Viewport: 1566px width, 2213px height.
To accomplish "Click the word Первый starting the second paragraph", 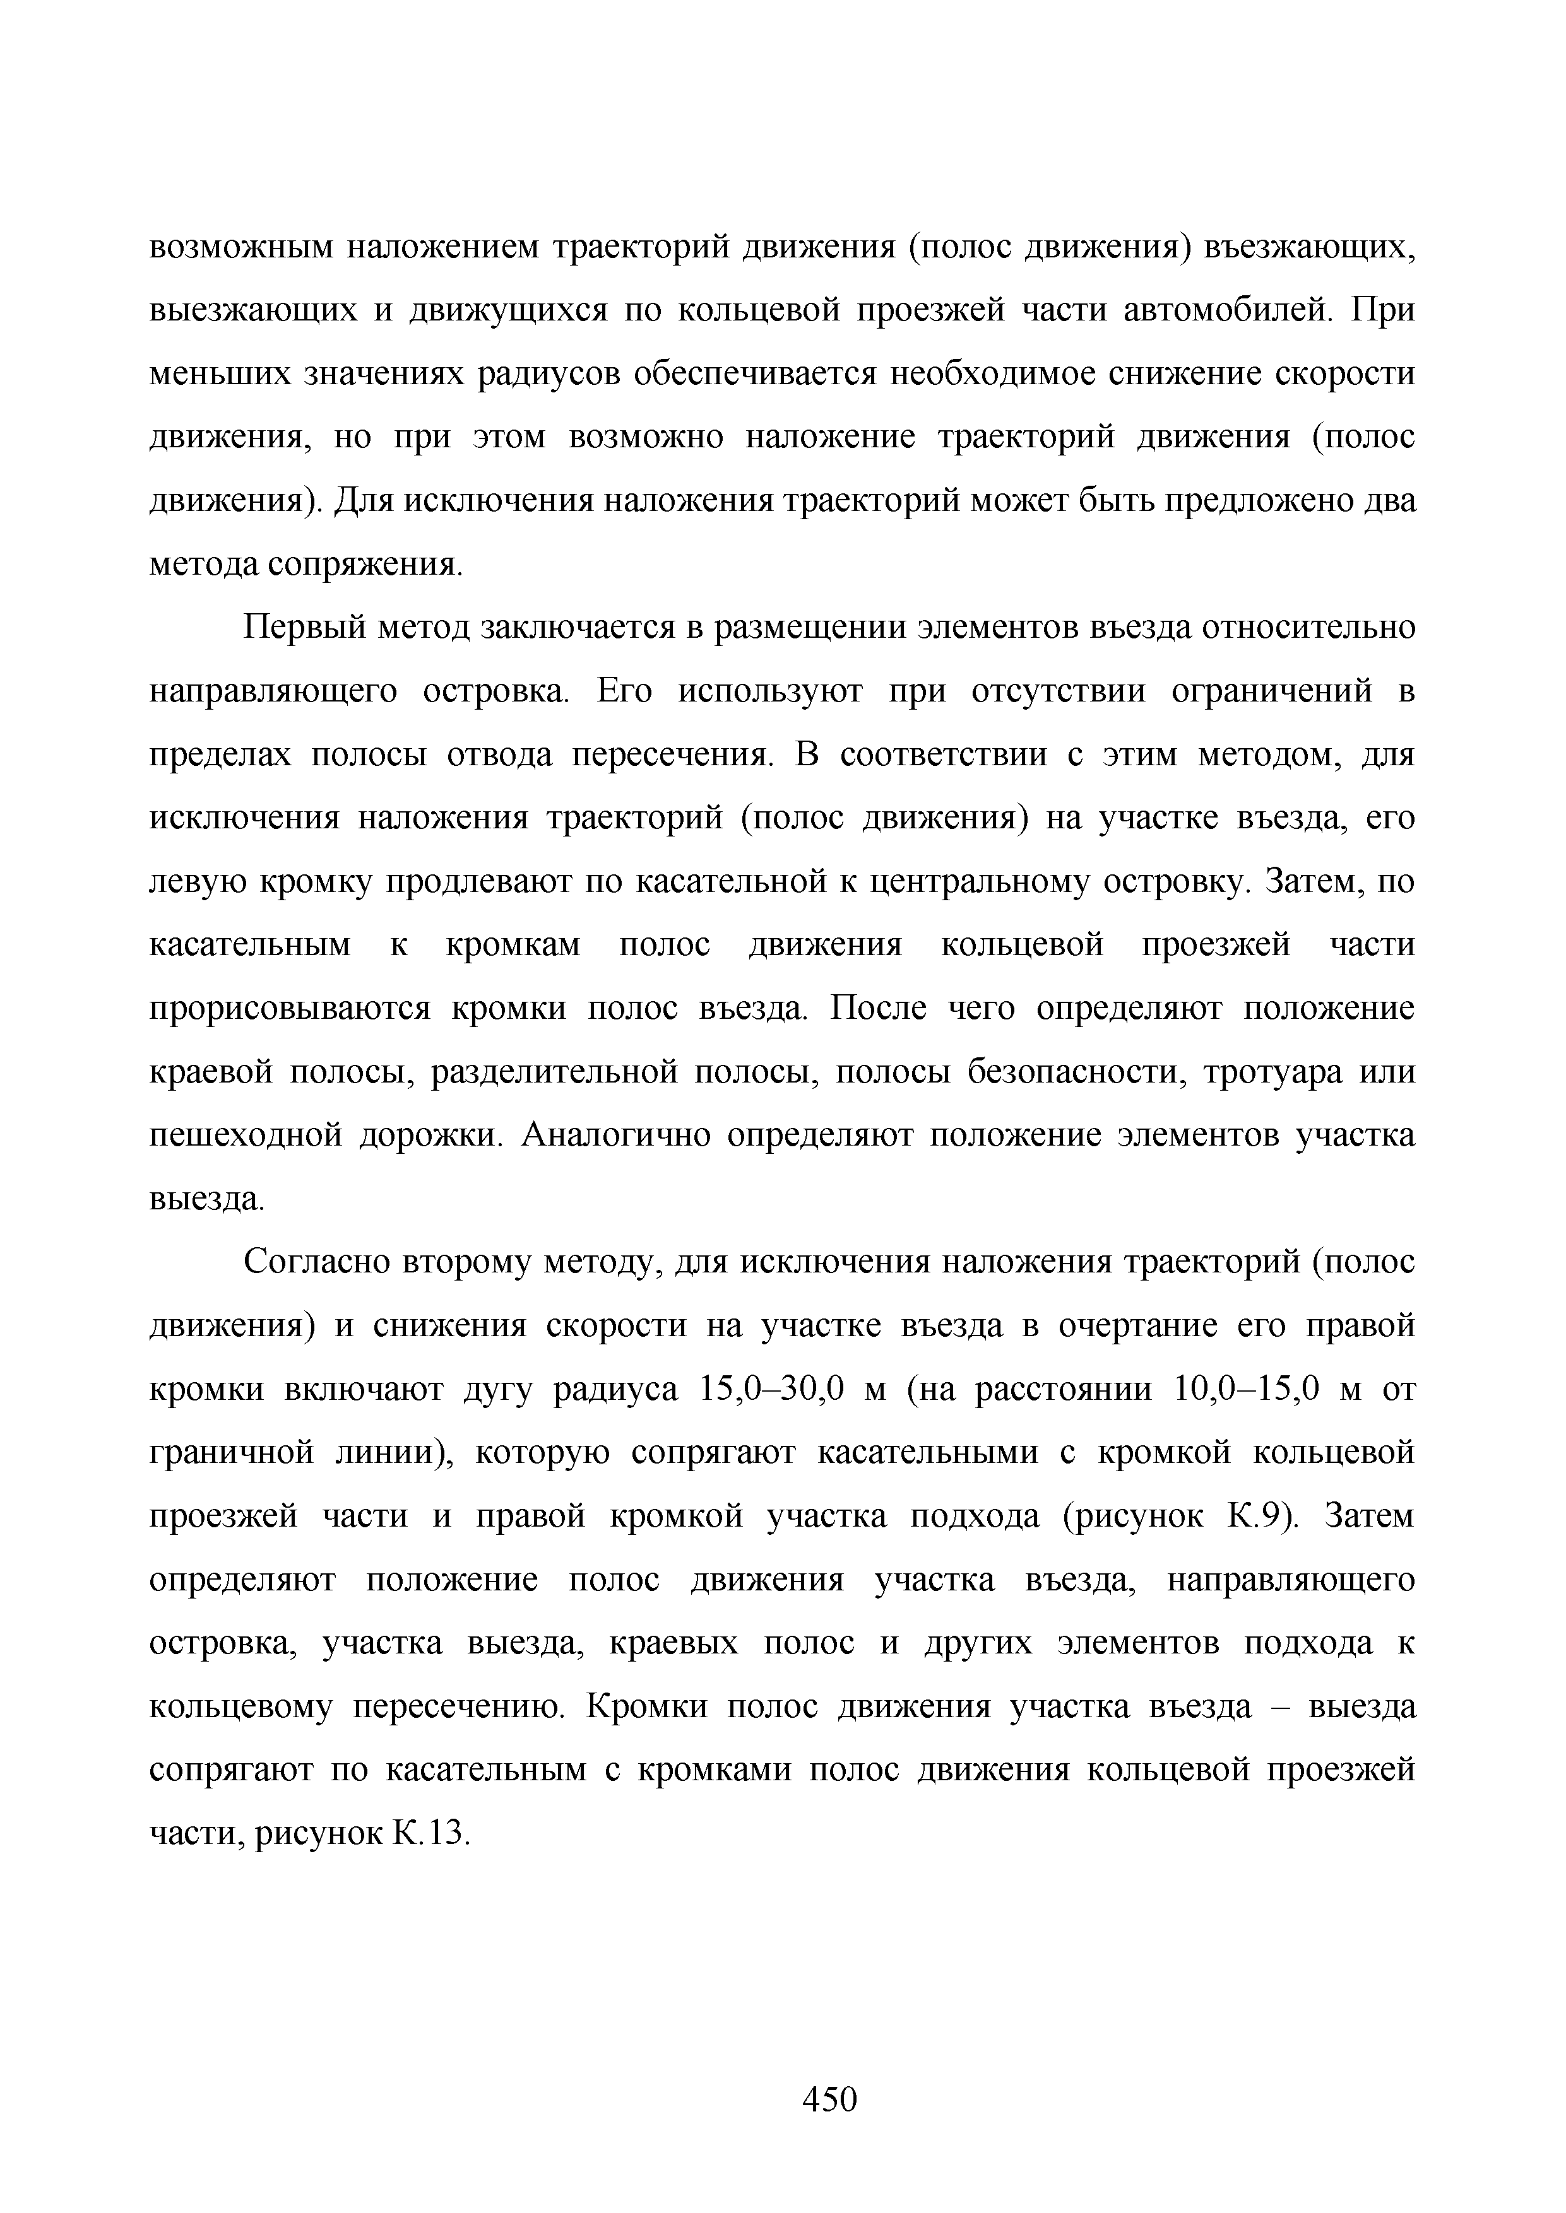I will point(305,628).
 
